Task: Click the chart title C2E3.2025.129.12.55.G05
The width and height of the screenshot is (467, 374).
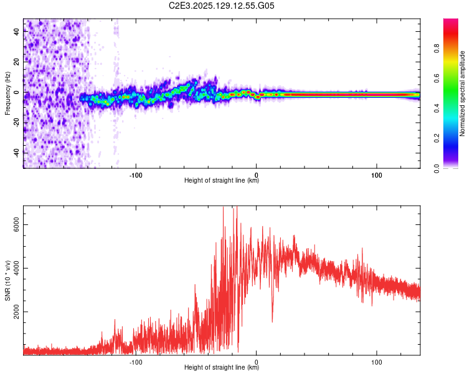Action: coord(222,6)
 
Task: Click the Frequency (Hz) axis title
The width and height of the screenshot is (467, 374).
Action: coord(7,93)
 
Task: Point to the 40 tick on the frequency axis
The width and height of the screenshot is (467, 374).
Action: coord(16,32)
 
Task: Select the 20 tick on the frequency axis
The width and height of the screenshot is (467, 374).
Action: coord(16,62)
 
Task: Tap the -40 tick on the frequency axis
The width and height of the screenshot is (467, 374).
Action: coord(16,153)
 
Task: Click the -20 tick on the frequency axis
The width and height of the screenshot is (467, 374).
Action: coord(16,123)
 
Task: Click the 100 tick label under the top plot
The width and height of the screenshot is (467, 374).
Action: coord(376,175)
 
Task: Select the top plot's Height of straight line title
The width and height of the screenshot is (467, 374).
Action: coord(222,181)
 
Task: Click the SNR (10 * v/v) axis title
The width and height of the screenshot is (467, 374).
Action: coord(7,280)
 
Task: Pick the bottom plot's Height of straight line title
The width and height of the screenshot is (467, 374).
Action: coord(222,368)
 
